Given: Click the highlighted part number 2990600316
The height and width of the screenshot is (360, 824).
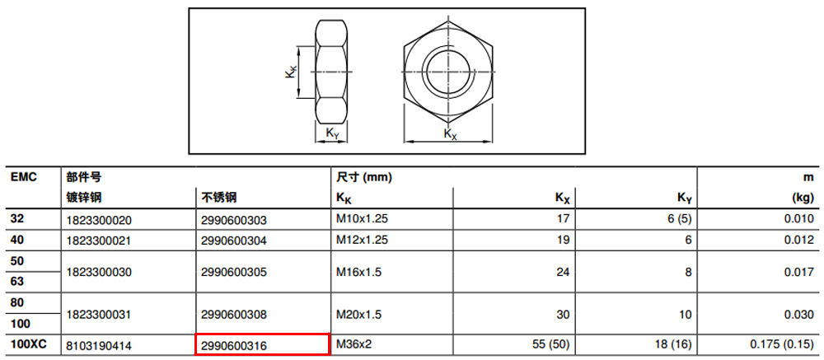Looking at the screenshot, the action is click(x=234, y=346).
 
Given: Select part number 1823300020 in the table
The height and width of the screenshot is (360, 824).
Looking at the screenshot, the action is click(x=99, y=220).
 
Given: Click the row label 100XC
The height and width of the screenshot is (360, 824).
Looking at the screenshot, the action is click(x=29, y=345).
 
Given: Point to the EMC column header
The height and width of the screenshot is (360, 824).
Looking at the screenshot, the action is click(x=24, y=177).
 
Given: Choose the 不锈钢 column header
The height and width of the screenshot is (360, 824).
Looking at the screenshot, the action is click(x=218, y=198).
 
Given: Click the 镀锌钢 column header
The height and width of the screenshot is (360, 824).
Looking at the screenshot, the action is click(x=83, y=198).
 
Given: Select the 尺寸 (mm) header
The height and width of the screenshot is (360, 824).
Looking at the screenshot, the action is click(x=364, y=178).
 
